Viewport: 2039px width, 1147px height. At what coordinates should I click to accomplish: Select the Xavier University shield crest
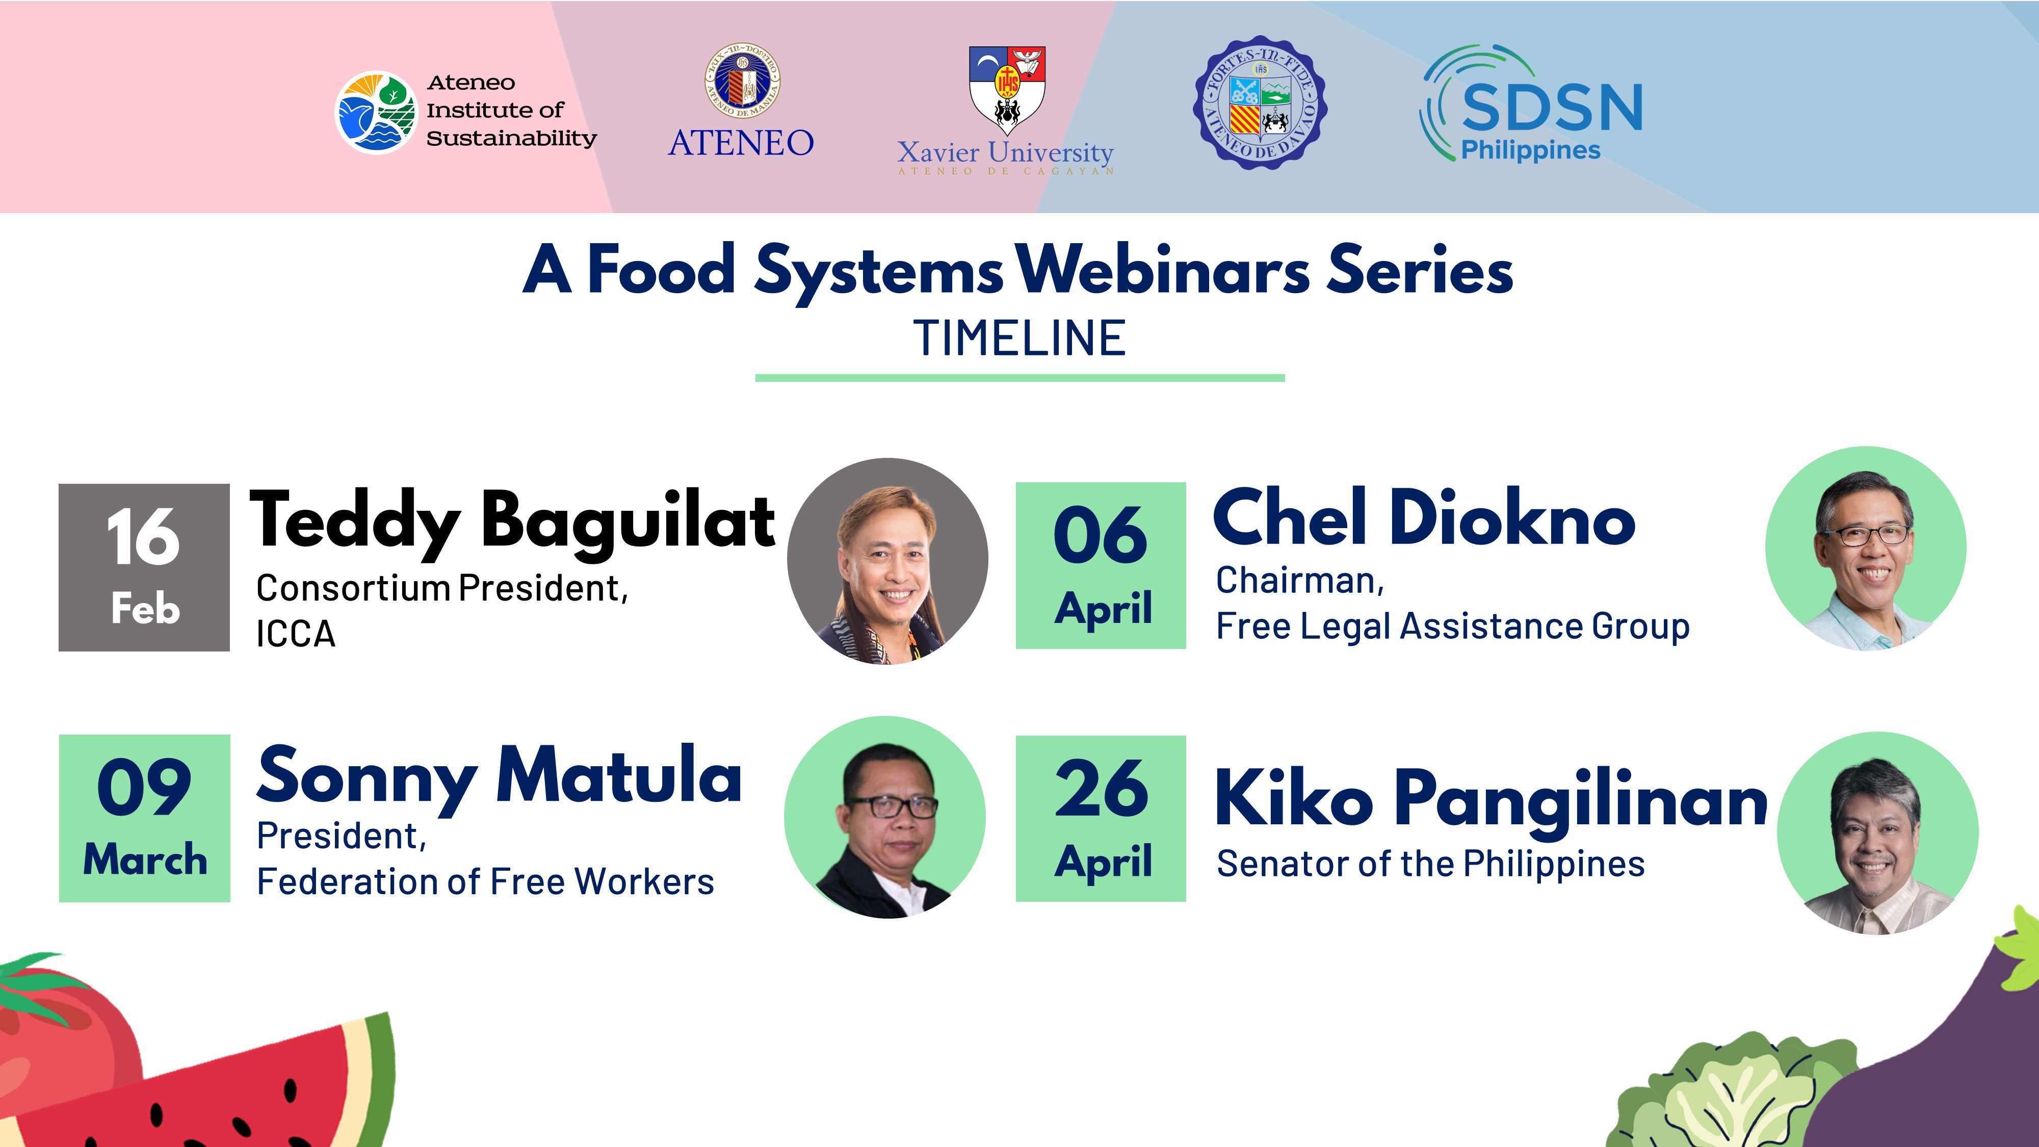click(1007, 89)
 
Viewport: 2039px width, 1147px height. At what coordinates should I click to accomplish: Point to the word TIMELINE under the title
click(1020, 339)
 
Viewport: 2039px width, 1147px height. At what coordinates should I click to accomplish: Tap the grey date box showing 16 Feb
click(144, 567)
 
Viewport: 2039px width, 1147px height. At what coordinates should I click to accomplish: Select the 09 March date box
click(144, 818)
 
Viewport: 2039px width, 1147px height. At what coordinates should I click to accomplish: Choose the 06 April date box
click(1100, 565)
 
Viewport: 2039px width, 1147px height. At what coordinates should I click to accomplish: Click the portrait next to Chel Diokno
click(1866, 549)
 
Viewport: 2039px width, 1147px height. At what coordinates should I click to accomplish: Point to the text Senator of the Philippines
click(1430, 864)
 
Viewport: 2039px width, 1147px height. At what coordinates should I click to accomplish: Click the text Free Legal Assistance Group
click(1452, 626)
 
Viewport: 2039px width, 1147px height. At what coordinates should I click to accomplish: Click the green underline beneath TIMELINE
click(1020, 378)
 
